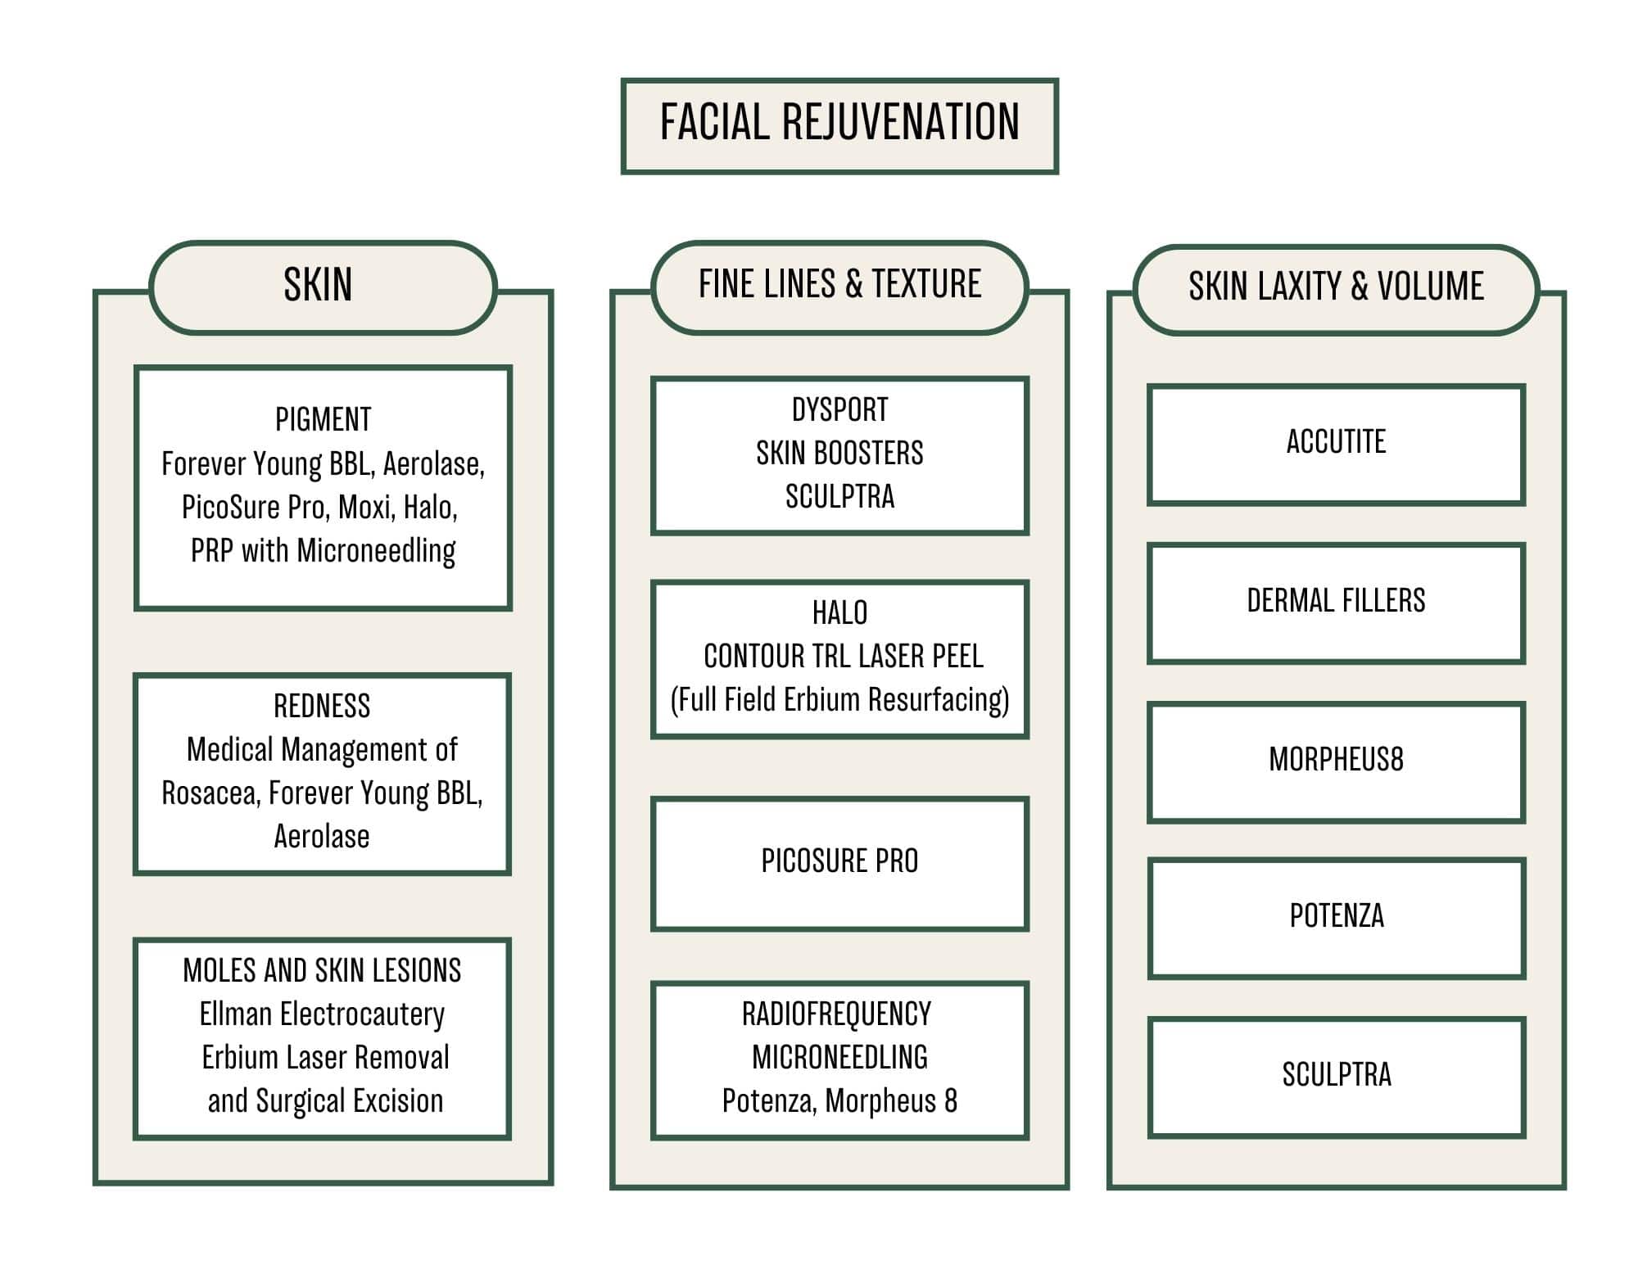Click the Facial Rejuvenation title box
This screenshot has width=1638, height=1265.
(839, 125)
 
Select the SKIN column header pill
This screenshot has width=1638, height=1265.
(322, 287)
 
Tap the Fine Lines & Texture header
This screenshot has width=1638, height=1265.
(839, 286)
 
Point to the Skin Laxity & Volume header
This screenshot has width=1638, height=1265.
(1336, 288)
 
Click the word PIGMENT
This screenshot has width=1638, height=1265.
(323, 420)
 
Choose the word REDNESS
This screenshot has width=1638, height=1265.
(322, 706)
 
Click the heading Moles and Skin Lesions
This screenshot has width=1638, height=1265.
(322, 971)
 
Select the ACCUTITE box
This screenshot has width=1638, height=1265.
(1336, 444)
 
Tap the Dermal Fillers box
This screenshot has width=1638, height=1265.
(1336, 602)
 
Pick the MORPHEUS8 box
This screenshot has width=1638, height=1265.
(1336, 761)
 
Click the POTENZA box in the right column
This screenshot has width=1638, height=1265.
(1336, 917)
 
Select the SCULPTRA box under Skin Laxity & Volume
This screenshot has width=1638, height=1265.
(1336, 1076)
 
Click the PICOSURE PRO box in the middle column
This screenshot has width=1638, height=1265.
(839, 862)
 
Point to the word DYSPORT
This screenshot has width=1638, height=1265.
(839, 410)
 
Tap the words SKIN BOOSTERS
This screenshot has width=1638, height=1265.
(839, 454)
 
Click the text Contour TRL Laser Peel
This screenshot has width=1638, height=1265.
(843, 657)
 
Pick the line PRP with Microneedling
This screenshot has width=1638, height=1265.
(323, 551)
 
